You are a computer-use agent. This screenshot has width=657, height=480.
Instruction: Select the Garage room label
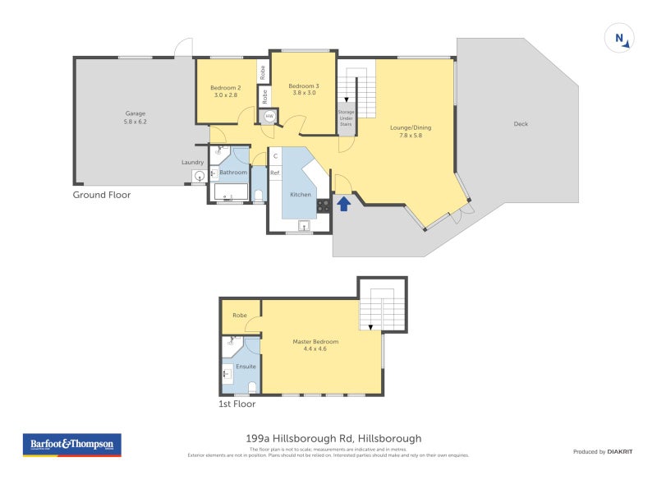[x=136, y=118]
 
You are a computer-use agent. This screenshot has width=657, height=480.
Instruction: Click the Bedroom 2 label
[x=225, y=91]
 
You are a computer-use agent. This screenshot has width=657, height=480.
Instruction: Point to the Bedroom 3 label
[x=303, y=90]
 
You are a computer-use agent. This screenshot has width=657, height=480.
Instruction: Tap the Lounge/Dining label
[x=411, y=132]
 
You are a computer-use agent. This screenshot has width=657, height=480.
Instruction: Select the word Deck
[x=521, y=124]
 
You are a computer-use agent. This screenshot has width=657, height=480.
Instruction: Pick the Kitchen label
[x=301, y=195]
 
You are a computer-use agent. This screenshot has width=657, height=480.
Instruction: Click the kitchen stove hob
[x=324, y=206]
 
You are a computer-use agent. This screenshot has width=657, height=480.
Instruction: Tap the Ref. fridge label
[x=275, y=173]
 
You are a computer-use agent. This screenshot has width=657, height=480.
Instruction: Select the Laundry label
[x=192, y=162]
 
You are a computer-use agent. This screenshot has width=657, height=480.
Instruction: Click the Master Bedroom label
[x=315, y=345]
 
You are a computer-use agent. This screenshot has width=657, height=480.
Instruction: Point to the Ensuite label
[x=246, y=366]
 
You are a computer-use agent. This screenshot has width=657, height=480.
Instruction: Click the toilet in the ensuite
[x=253, y=387]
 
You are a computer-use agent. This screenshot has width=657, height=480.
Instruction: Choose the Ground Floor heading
[x=101, y=195]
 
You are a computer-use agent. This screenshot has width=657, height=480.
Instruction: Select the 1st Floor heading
[x=237, y=404]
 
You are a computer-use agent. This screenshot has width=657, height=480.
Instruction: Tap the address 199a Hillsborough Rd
[x=328, y=439]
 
